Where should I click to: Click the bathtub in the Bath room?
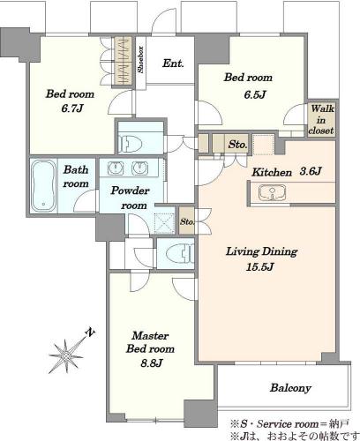click(x=43, y=186)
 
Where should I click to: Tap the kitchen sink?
click(x=272, y=193)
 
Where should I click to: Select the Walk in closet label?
click(x=321, y=120)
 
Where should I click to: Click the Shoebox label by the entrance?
click(x=141, y=60)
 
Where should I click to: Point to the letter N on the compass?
click(x=90, y=332)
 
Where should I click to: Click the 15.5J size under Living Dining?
click(x=260, y=266)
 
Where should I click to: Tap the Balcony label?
click(x=290, y=388)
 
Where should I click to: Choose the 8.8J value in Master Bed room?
click(x=152, y=363)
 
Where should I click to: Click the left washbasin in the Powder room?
click(x=116, y=168)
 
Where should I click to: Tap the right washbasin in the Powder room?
click(x=139, y=168)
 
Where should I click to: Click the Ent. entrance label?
click(x=173, y=64)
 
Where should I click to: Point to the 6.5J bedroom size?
click(x=255, y=94)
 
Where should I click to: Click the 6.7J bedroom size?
click(x=72, y=108)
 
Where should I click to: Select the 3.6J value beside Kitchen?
click(x=310, y=171)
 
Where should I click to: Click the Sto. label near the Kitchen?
click(x=237, y=145)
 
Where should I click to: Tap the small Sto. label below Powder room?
click(x=187, y=221)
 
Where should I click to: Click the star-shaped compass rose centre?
click(x=66, y=355)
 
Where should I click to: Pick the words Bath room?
click(x=76, y=176)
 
